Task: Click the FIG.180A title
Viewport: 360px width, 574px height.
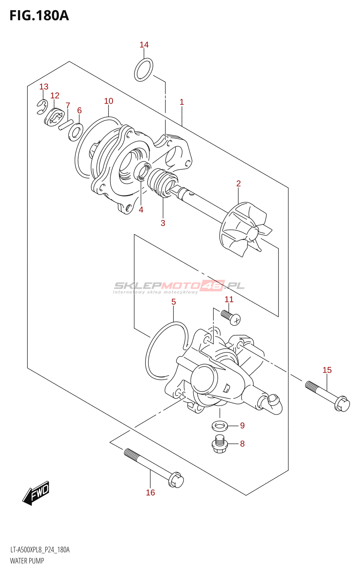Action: [39, 15]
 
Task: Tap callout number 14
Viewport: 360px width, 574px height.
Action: [144, 45]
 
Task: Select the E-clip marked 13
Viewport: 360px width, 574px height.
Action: [42, 107]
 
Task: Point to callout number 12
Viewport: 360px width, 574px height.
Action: [55, 95]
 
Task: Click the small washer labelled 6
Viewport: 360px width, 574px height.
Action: [76, 132]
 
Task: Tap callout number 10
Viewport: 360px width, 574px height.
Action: [109, 101]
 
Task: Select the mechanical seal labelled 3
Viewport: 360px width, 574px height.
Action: [163, 183]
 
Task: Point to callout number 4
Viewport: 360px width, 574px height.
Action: [141, 210]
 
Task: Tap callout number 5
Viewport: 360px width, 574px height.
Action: [174, 302]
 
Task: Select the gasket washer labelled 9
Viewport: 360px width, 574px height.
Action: [220, 426]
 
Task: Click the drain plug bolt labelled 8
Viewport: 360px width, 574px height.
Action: [219, 444]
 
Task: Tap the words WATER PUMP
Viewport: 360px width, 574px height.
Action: [27, 561]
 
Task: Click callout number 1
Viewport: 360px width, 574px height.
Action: [182, 102]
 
